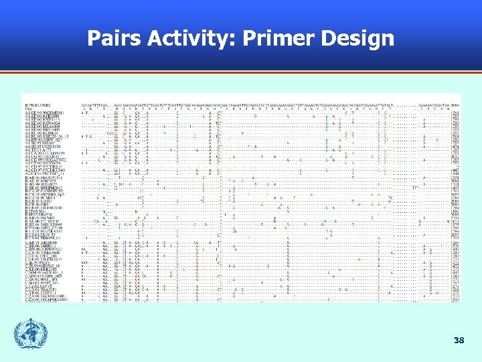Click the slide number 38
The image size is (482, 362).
tap(459, 341)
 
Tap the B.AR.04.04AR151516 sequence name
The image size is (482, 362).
tap(44, 178)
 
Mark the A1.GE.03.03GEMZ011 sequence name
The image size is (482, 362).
tap(44, 113)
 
